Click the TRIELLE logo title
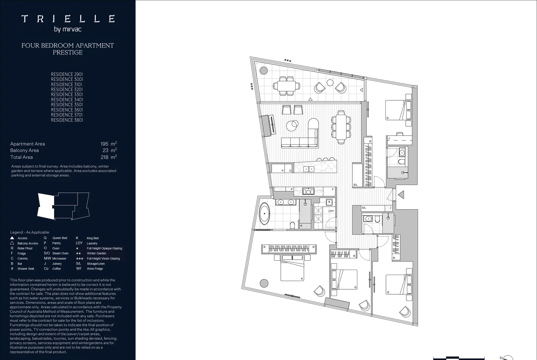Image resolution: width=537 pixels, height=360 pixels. (68, 19)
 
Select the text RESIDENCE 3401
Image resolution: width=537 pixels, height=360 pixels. (67, 100)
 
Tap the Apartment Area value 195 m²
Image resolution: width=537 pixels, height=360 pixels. (108, 144)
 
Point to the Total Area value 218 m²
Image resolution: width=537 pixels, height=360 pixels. (108, 157)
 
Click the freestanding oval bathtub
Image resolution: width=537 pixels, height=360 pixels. (265, 213)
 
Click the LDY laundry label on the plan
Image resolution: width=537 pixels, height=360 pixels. (331, 211)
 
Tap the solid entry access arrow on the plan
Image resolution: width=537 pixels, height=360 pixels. (401, 194)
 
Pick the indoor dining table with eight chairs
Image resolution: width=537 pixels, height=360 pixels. (341, 127)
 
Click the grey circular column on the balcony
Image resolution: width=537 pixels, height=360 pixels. (263, 70)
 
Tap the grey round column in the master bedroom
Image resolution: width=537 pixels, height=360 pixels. (264, 283)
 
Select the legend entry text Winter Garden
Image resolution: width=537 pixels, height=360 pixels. (96, 253)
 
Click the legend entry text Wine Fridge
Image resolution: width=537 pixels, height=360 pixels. (95, 269)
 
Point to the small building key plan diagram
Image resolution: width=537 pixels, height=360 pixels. (63, 206)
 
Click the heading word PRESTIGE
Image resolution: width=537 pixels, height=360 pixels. (68, 53)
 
